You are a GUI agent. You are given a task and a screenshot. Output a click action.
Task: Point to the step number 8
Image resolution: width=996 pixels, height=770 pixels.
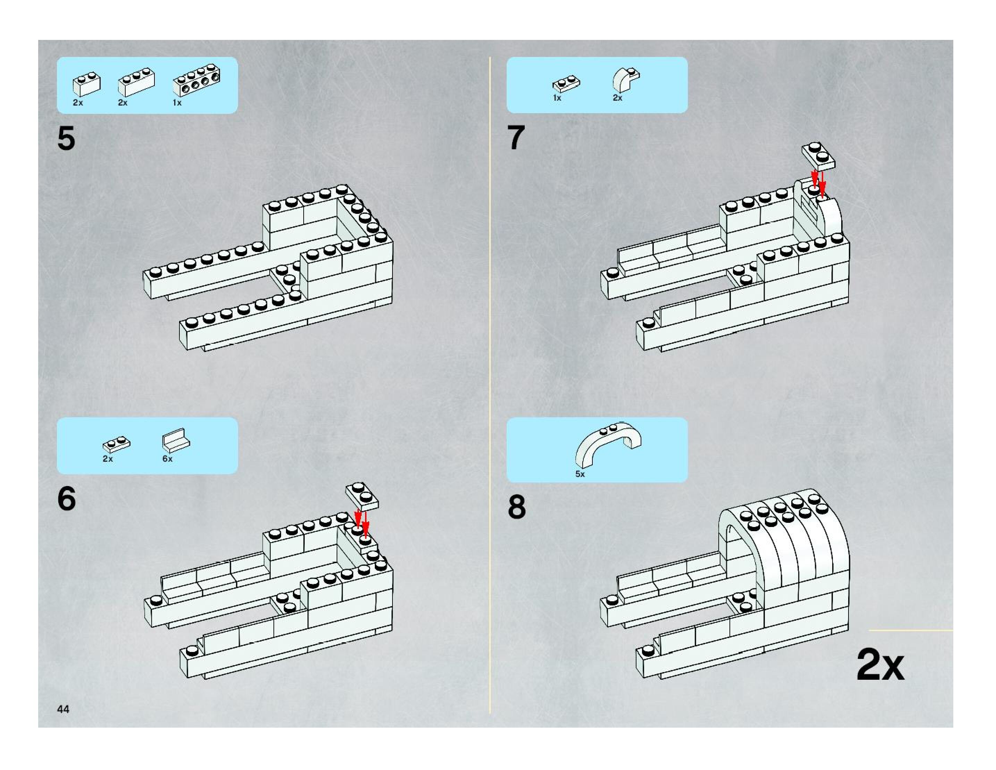[x=517, y=507]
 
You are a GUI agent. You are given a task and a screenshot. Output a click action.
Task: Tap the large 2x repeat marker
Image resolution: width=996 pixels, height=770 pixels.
[x=880, y=665]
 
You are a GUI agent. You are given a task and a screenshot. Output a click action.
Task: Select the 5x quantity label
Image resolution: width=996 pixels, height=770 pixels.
[x=580, y=474]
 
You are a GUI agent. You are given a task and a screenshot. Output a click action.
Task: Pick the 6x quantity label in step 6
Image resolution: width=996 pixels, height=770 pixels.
[x=167, y=459]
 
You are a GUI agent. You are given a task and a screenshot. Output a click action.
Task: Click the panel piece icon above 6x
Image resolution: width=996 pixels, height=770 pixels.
[x=176, y=440]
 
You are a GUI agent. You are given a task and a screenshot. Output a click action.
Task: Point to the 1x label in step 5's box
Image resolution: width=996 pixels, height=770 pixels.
[x=177, y=103]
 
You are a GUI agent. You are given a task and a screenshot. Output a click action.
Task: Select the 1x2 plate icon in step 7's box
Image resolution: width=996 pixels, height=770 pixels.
[x=566, y=84]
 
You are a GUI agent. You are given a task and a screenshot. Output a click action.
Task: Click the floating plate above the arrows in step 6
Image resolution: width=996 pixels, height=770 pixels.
[x=362, y=495]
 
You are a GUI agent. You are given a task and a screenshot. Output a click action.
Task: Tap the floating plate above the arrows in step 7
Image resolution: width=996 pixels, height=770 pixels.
[x=819, y=156]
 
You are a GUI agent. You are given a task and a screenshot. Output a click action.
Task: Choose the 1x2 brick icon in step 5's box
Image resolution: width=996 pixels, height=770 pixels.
[x=87, y=83]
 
